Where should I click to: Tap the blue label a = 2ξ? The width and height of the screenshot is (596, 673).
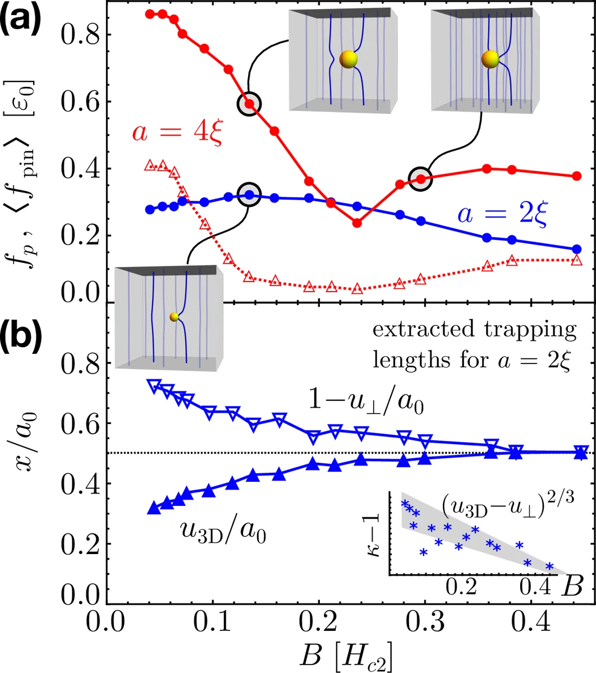coord(502,214)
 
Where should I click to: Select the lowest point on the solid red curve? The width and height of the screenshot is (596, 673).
coord(357,223)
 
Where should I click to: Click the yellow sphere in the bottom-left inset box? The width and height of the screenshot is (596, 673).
coord(174,317)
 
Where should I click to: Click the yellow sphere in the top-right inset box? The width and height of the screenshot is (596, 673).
coord(490,58)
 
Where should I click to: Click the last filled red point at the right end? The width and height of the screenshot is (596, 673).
coord(576,176)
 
